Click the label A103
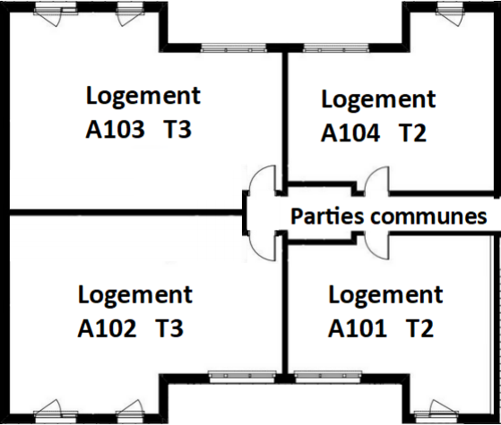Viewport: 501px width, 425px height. point(115,129)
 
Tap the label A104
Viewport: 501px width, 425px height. point(350,132)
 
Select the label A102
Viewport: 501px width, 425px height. point(107,328)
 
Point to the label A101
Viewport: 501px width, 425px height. point(358,328)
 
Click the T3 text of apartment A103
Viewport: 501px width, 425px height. point(177,129)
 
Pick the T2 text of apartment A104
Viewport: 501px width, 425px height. point(413,132)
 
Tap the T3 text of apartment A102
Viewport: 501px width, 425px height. point(169,328)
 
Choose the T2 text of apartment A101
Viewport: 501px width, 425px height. point(420,328)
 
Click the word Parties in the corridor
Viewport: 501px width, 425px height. point(327,217)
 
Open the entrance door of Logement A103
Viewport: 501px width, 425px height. point(263,180)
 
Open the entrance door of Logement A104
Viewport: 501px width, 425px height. point(377,180)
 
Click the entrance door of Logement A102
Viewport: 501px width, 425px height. point(263,246)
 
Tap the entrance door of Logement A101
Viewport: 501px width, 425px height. point(377,246)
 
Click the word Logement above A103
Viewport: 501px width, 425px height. point(143,96)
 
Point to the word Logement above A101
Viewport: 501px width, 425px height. point(385,295)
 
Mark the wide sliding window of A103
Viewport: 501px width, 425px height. point(234,48)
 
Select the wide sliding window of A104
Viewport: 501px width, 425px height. point(336,48)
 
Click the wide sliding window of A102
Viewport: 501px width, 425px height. point(242,377)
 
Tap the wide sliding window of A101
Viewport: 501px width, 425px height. point(328,377)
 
